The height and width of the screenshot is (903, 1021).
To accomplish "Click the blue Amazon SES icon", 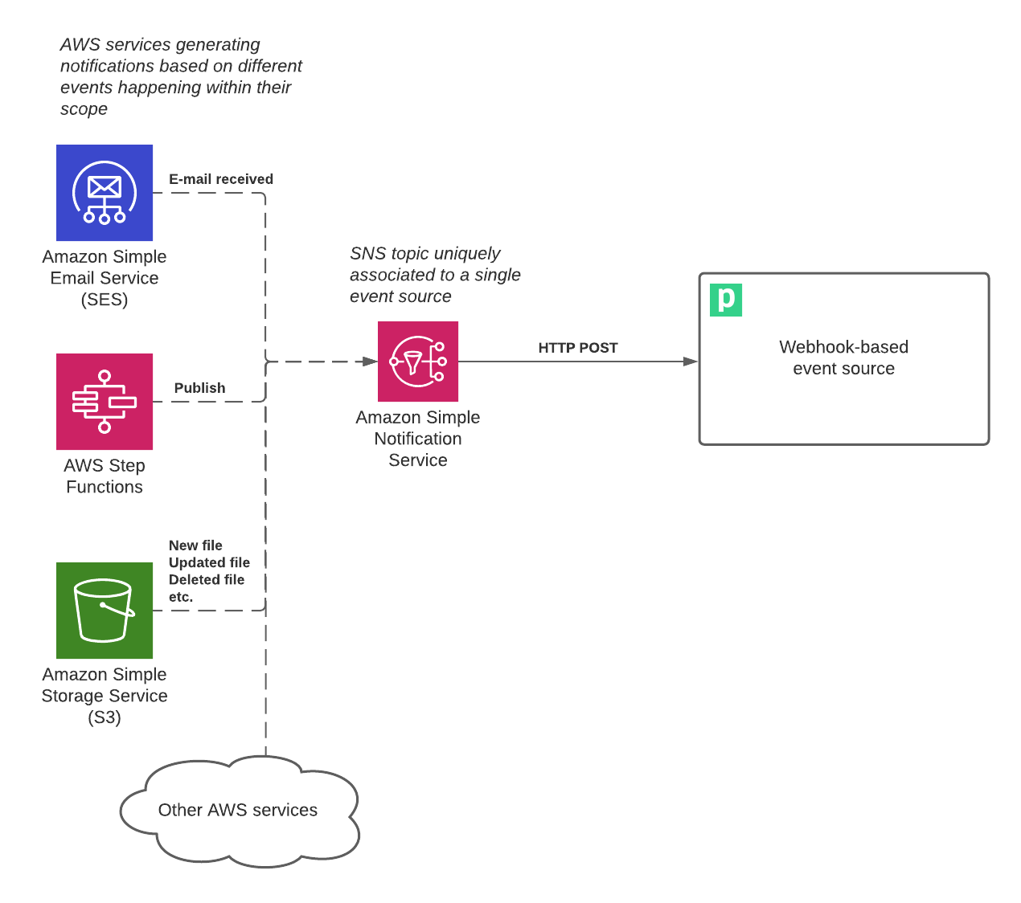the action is click(105, 193).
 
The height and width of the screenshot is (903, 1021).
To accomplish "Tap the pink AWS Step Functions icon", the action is click(105, 402).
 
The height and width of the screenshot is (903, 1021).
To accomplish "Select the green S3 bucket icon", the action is click(105, 611).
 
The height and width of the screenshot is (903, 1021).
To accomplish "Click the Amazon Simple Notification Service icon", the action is click(418, 362).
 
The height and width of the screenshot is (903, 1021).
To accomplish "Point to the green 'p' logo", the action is click(726, 300).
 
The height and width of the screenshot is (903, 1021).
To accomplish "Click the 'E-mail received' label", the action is click(221, 179).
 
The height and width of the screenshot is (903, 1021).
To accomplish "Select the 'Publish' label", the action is click(199, 388).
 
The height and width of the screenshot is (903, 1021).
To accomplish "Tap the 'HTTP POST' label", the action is click(577, 348).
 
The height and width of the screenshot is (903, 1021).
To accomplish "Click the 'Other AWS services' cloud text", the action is click(238, 810).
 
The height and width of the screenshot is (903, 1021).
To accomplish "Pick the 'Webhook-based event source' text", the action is click(843, 358).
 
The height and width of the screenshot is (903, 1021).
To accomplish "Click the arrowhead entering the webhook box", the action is click(691, 362).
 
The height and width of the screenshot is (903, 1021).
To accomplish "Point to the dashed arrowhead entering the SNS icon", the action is click(370, 362).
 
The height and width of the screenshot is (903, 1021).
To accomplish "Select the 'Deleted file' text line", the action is click(207, 580).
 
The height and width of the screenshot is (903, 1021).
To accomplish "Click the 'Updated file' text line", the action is click(209, 562).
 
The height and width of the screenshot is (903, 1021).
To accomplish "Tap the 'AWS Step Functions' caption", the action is click(105, 476).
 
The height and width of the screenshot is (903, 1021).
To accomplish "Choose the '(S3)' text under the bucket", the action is click(105, 717).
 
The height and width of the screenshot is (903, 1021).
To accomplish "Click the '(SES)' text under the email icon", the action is click(105, 300).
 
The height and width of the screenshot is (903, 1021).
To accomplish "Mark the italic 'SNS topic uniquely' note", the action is click(424, 253).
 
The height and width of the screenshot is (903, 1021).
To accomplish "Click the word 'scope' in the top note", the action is click(84, 109).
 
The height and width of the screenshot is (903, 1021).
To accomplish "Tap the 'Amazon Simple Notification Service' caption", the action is click(418, 439).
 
